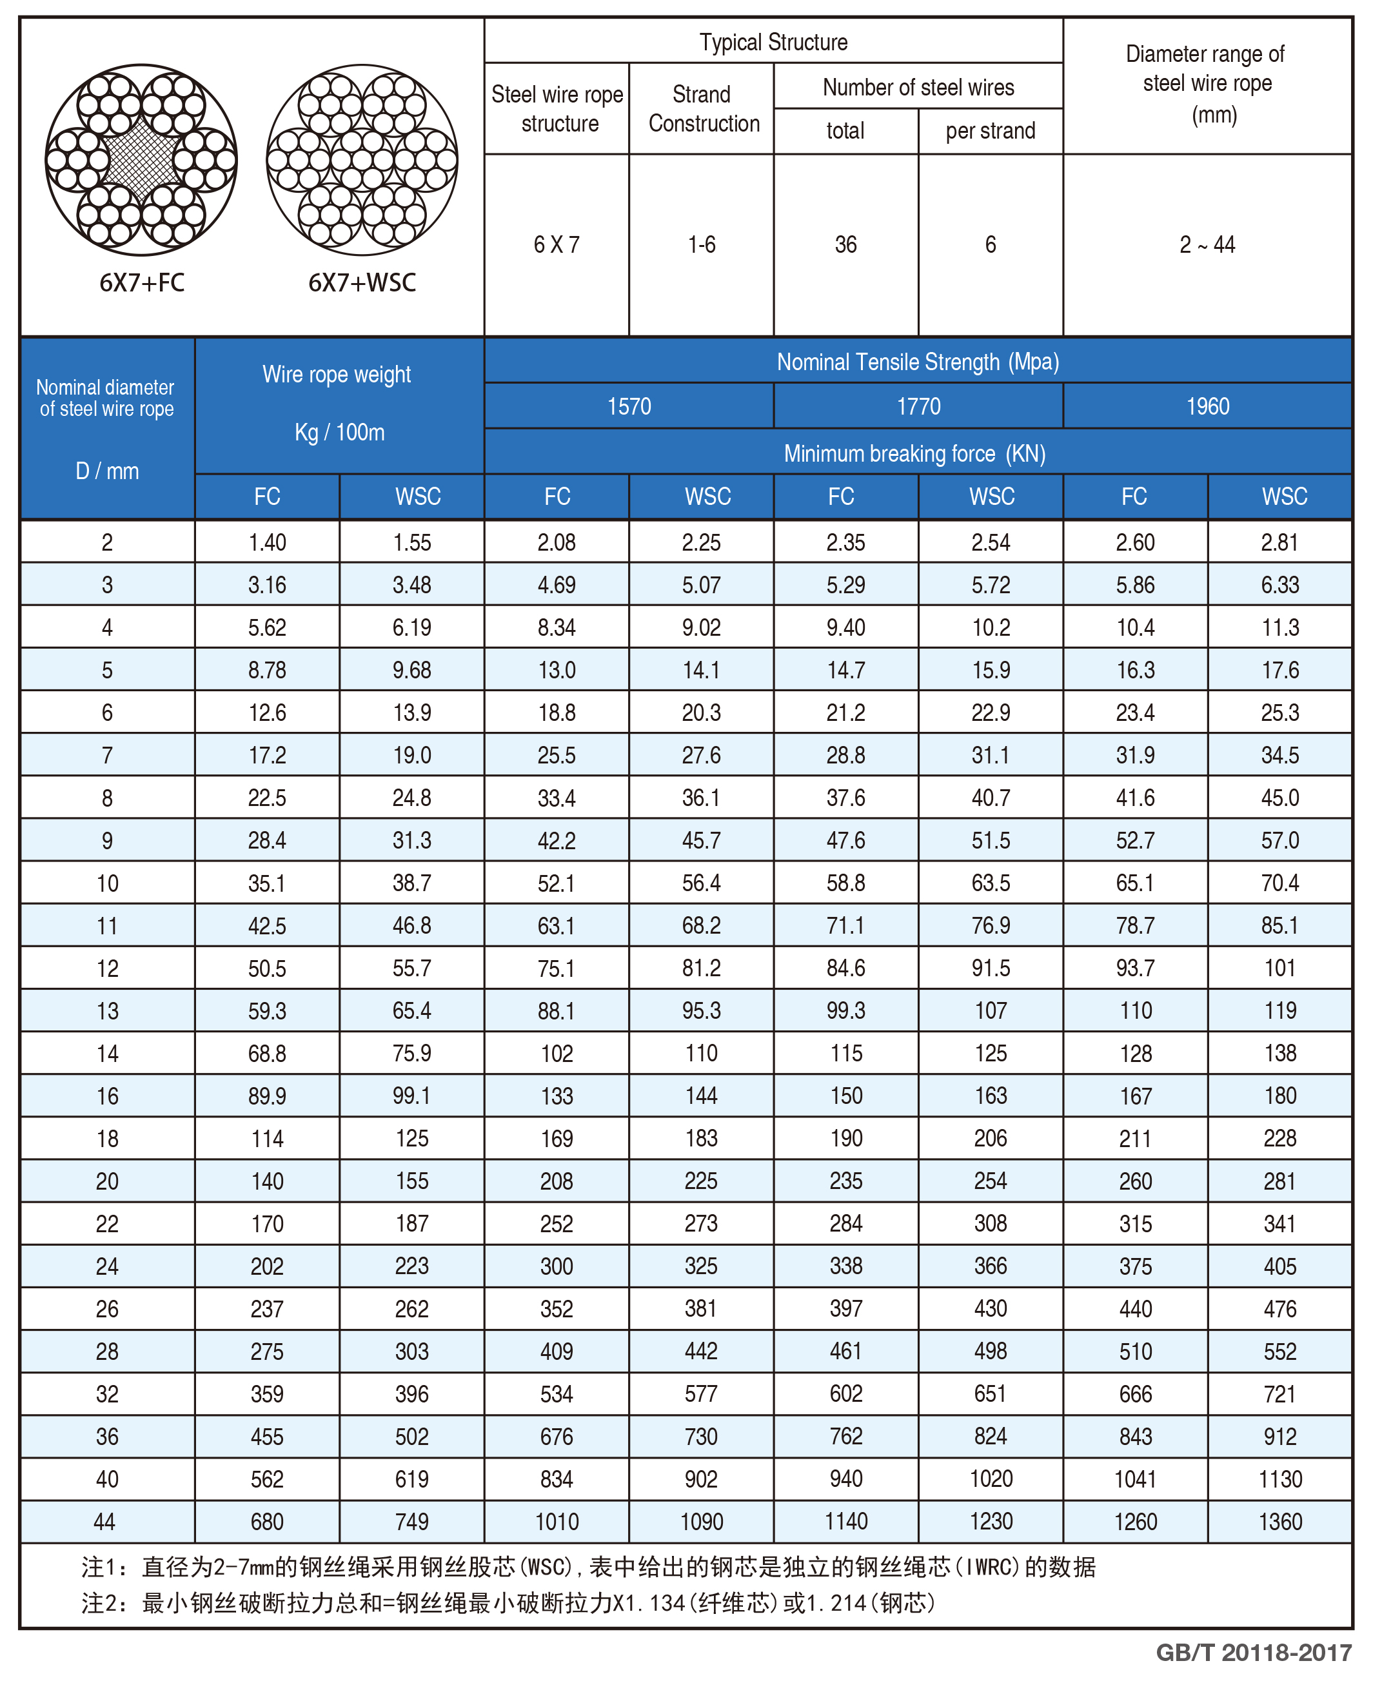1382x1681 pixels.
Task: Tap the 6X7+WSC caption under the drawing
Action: [362, 282]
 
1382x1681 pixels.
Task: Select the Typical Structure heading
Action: [773, 42]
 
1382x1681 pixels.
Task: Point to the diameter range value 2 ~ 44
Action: [1207, 244]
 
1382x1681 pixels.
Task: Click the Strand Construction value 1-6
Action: [702, 244]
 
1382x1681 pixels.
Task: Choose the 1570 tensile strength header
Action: [629, 407]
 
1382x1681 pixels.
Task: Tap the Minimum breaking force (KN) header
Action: [914, 454]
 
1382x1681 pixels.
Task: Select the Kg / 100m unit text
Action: [339, 432]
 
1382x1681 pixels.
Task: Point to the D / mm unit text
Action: [106, 471]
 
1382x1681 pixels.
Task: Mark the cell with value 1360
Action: [1280, 1522]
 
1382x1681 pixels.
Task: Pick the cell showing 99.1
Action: [411, 1096]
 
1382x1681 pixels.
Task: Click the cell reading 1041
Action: [1135, 1479]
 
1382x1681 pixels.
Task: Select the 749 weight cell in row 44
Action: [411, 1522]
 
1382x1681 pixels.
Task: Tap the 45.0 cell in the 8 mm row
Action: [1280, 798]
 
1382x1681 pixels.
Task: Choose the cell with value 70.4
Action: [1280, 883]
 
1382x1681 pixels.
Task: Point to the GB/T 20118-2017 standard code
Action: [1253, 1653]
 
